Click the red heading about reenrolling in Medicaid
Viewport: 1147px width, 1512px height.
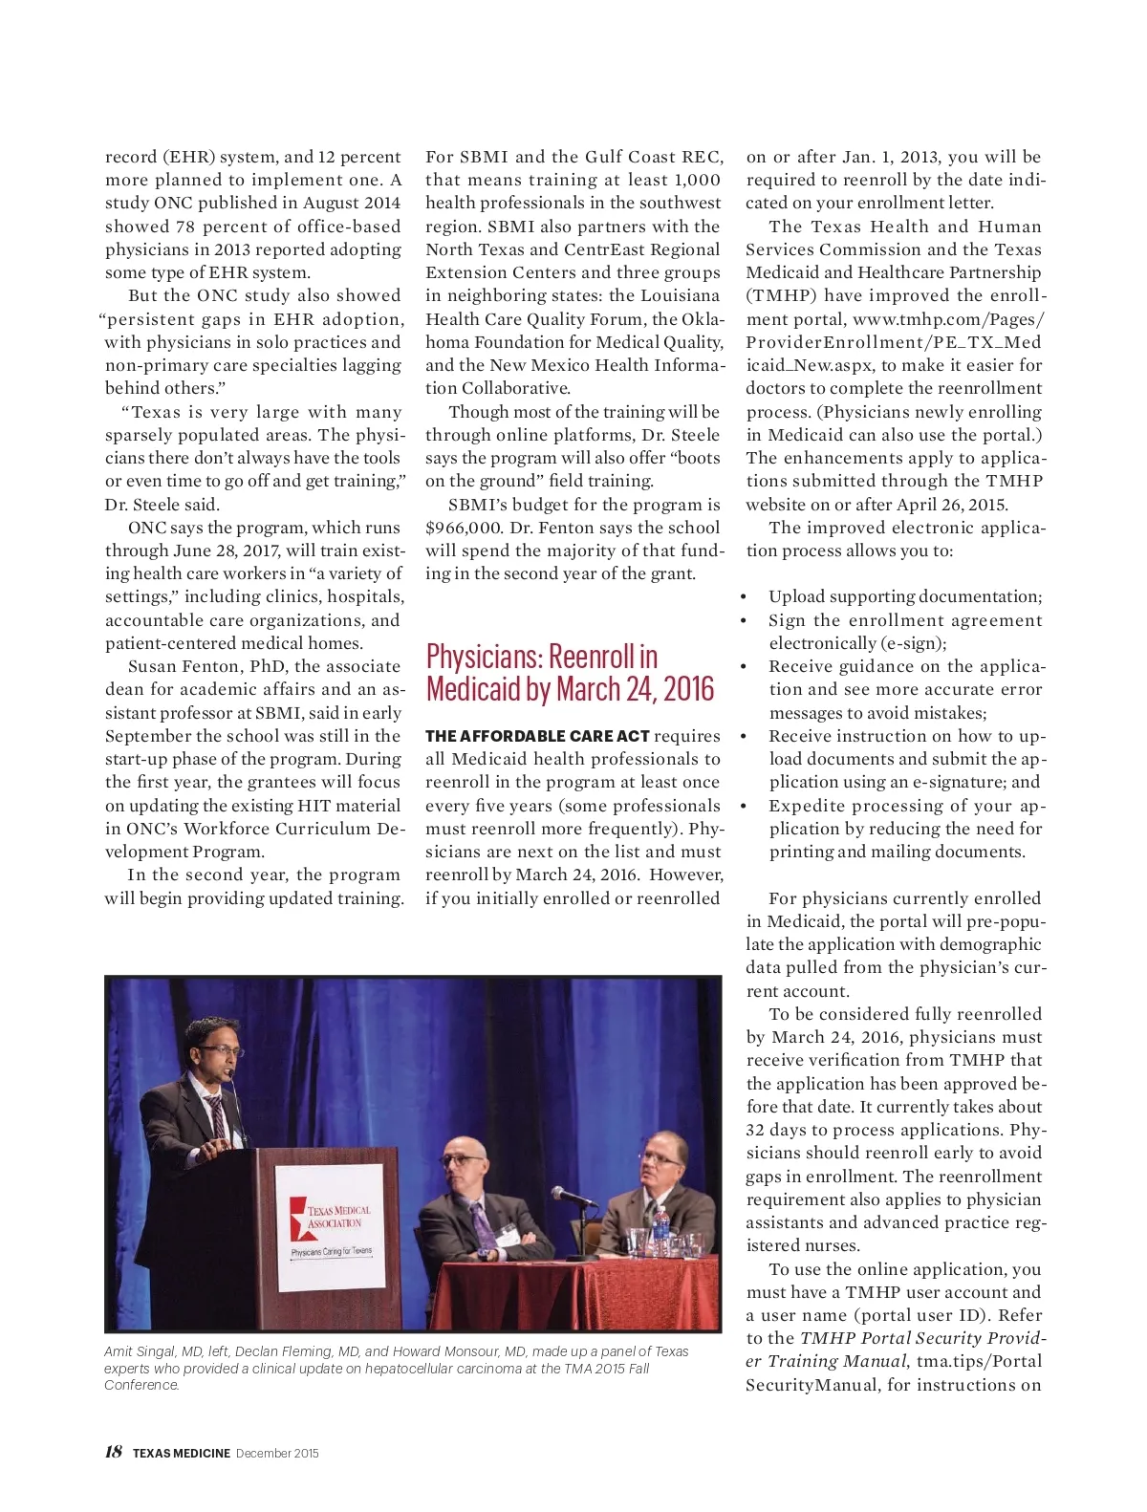(x=570, y=672)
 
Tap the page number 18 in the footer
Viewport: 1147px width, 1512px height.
(x=113, y=1452)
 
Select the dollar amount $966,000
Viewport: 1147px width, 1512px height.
(x=463, y=528)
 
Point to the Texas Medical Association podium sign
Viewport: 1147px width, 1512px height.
(x=330, y=1220)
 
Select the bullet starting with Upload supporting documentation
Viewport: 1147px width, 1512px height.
(x=904, y=596)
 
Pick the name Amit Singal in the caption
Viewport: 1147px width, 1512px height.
(x=140, y=1351)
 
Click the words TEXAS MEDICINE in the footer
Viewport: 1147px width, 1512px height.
(x=182, y=1453)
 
